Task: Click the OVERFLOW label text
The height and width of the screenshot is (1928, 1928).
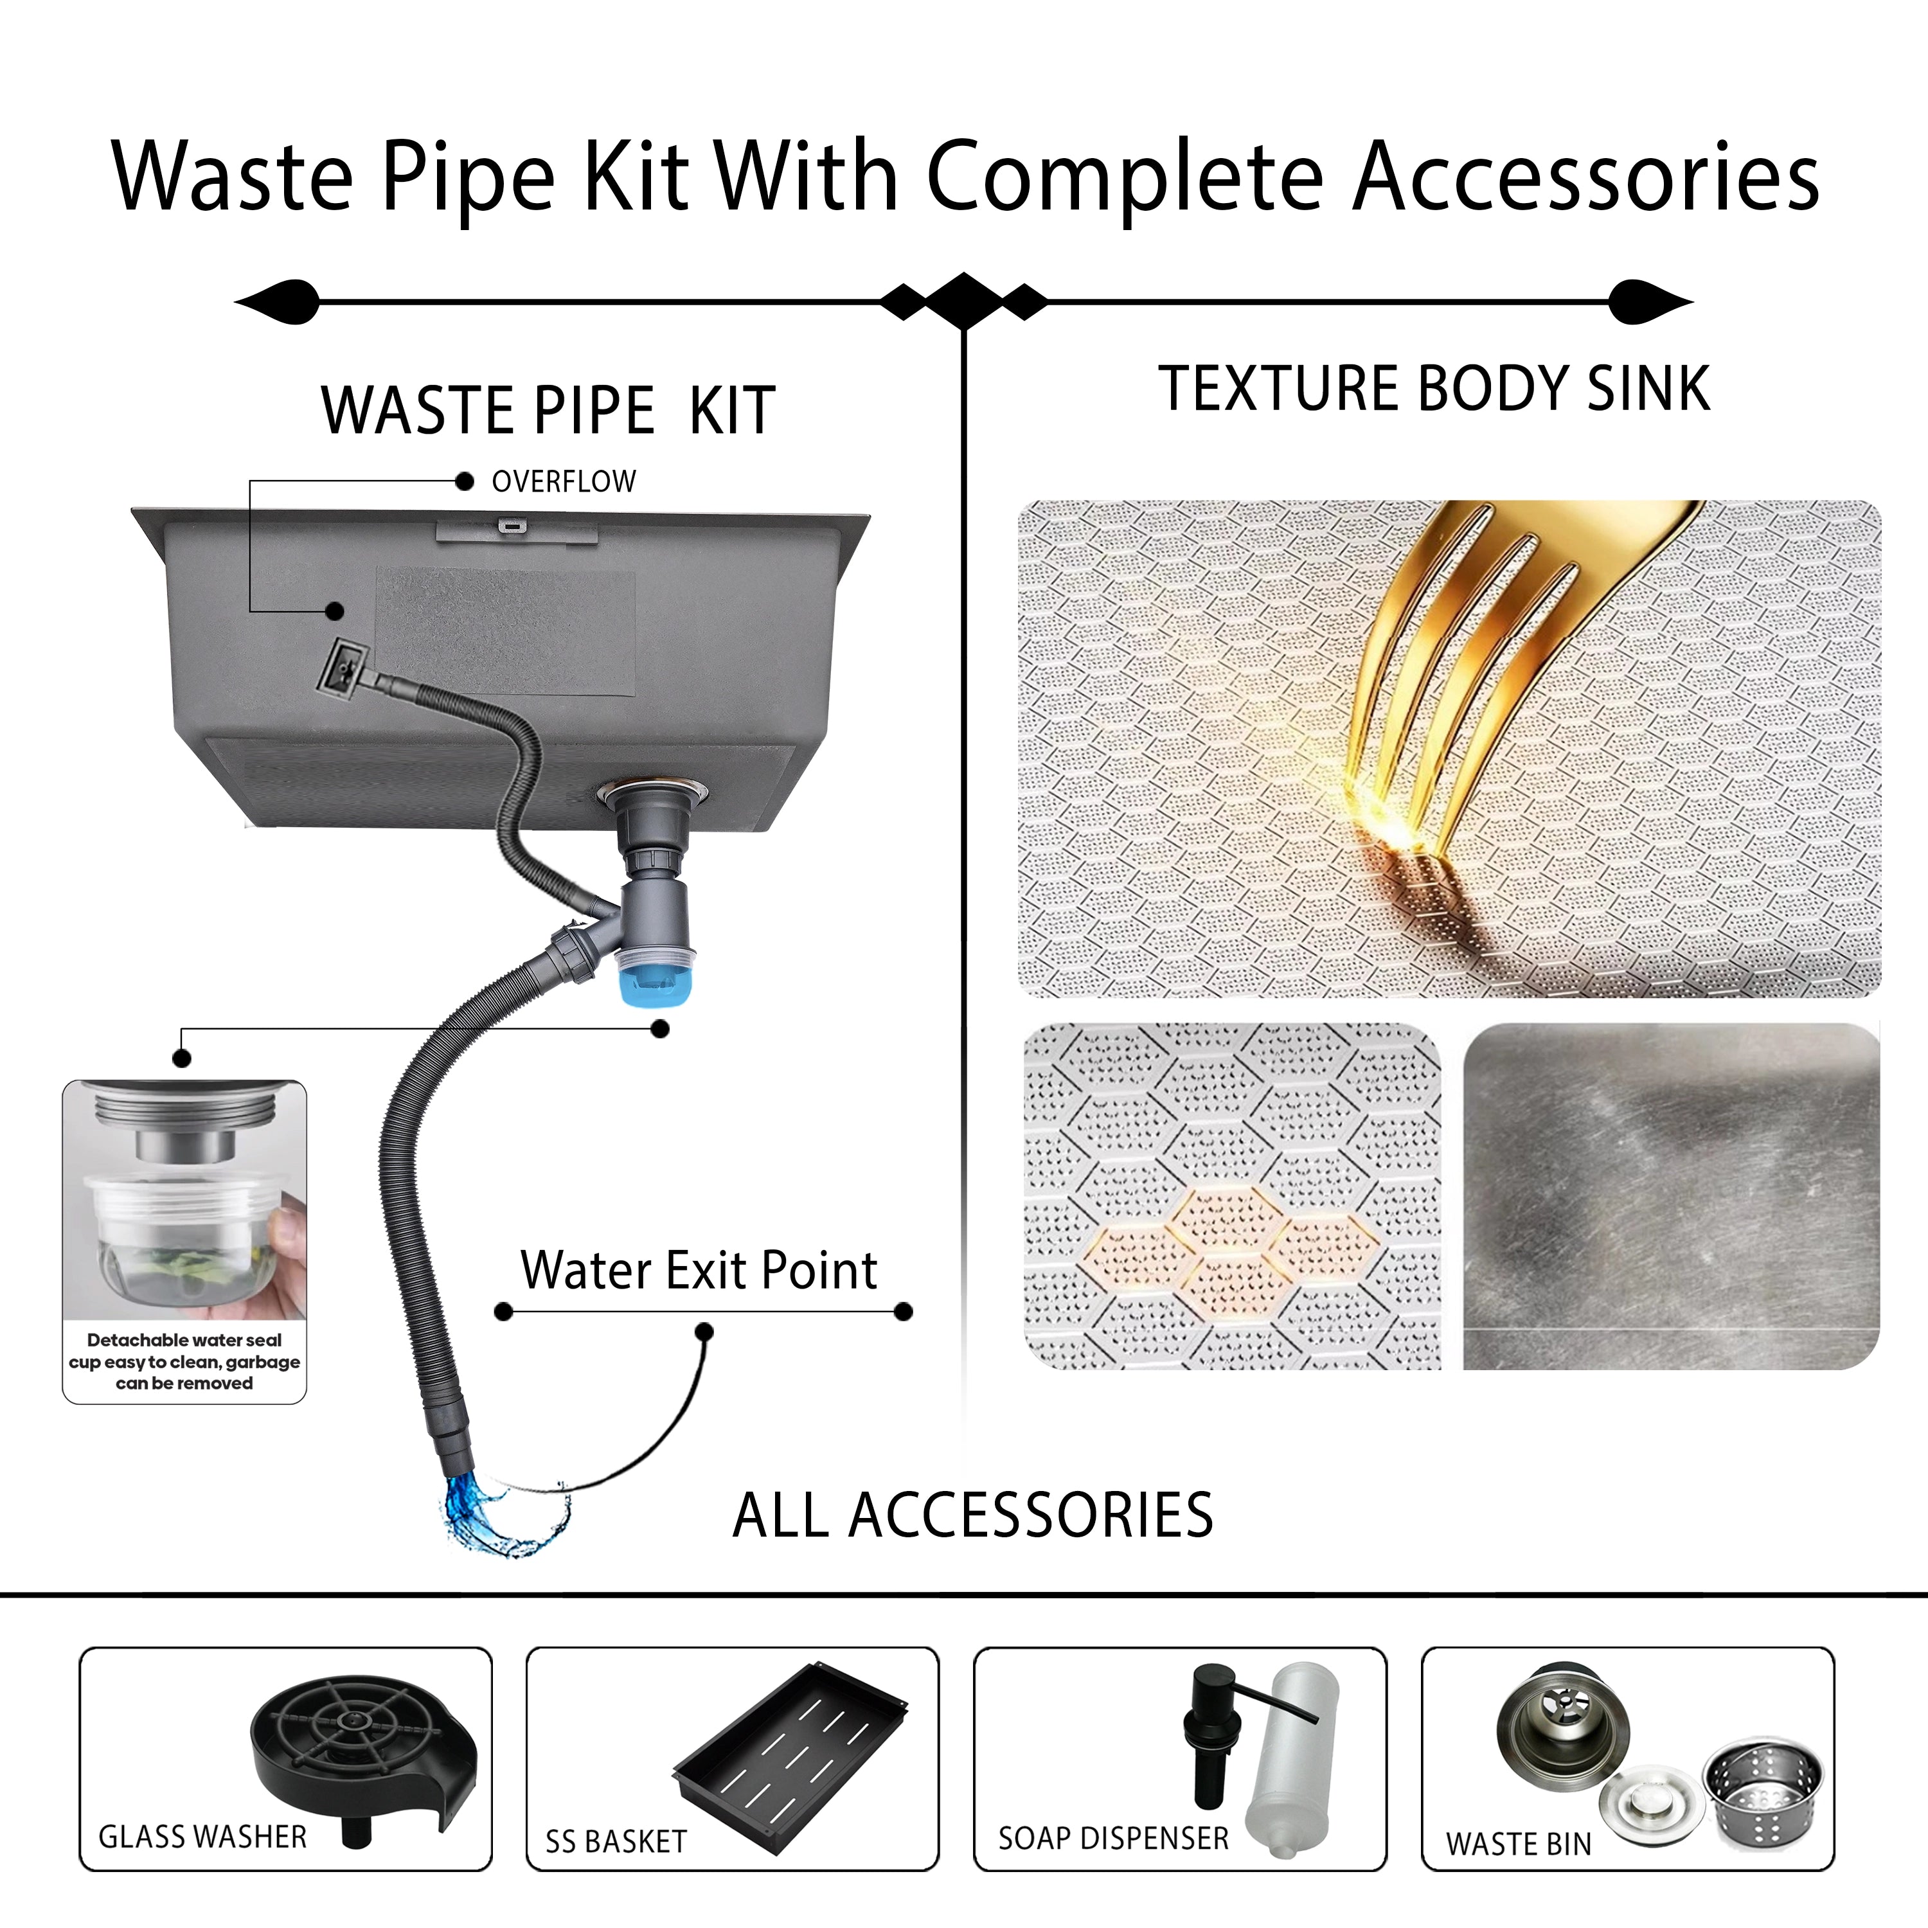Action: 564,482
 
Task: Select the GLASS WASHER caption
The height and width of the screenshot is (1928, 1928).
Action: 202,1837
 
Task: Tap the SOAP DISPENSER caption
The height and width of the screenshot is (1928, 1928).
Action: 1114,1838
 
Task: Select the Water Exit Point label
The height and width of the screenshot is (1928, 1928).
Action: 699,1271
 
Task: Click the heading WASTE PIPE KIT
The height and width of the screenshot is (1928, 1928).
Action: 548,410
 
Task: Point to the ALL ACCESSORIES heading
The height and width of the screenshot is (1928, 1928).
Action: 973,1516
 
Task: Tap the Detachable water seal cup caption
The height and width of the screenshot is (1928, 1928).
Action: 184,1361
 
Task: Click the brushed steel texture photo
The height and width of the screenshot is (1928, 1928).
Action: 1672,1195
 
